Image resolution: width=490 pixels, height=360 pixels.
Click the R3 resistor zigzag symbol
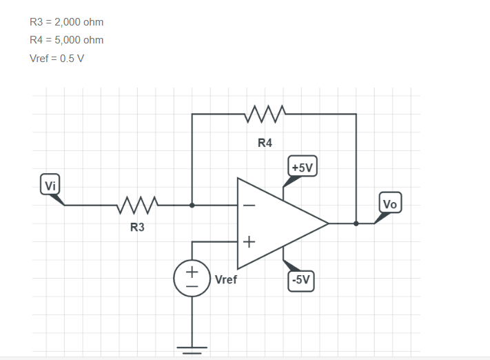[x=137, y=205]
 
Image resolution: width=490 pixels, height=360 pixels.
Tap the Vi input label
[x=50, y=185]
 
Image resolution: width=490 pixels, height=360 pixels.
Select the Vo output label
[x=389, y=204]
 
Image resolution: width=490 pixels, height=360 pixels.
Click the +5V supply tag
[x=302, y=168]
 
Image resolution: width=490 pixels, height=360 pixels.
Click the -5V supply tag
[x=301, y=280]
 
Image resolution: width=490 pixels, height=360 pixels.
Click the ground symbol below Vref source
[x=192, y=348]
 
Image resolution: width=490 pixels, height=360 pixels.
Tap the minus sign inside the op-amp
[x=248, y=206]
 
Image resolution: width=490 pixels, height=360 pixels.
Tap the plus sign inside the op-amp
[x=248, y=242]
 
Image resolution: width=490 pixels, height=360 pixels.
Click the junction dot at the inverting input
[x=192, y=205]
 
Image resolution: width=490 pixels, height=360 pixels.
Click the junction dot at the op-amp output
[x=356, y=223]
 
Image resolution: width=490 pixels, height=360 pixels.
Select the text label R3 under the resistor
[x=137, y=228]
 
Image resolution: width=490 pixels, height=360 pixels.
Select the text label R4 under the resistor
[x=265, y=143]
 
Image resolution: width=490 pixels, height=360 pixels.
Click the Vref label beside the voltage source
[x=226, y=280]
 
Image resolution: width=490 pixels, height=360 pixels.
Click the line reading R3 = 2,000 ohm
[x=67, y=22]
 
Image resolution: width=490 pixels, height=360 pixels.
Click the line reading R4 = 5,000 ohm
[x=67, y=40]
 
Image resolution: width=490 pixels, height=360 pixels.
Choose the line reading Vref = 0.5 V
[x=57, y=59]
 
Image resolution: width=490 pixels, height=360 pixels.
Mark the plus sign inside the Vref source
[x=192, y=272]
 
